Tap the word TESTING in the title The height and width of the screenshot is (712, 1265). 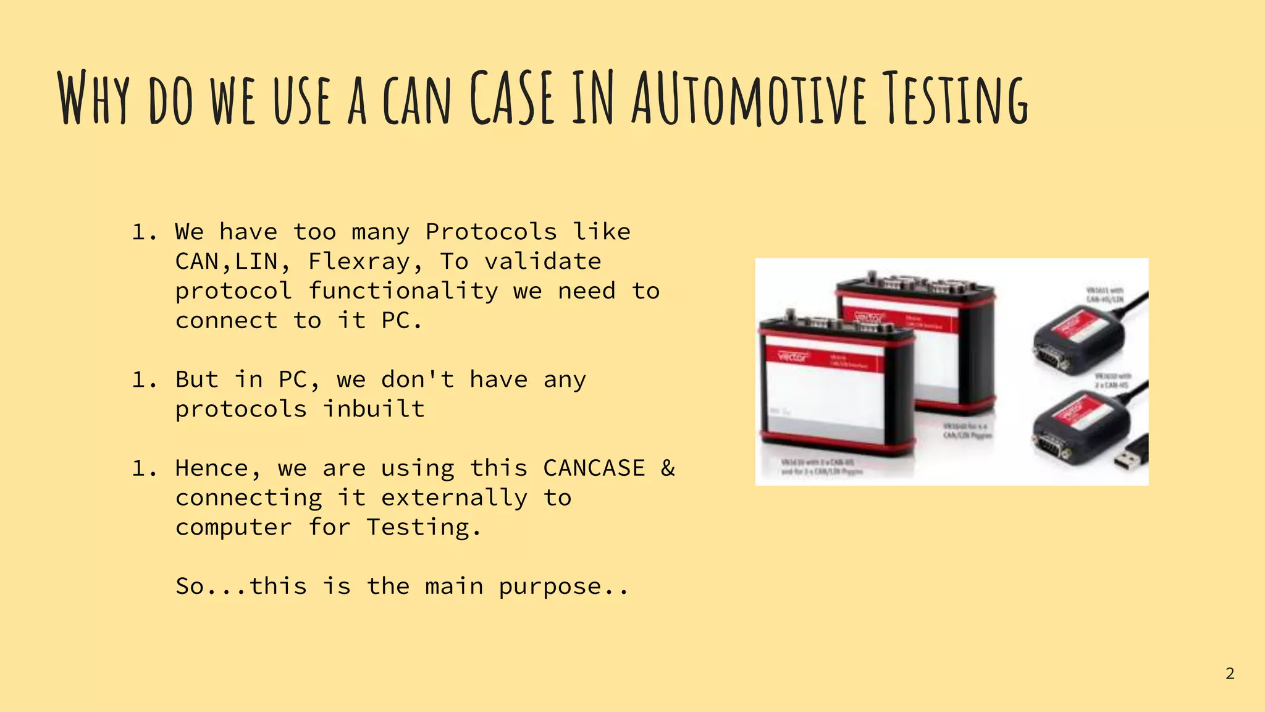coord(954,99)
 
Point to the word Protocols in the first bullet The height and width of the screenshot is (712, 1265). coord(491,232)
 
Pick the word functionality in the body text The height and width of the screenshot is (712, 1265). coord(403,291)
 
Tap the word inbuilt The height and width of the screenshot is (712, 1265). coord(374,409)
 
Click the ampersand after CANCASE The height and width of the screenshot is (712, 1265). coord(668,468)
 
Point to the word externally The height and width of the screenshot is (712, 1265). coord(455,498)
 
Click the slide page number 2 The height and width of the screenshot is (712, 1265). coord(1230,674)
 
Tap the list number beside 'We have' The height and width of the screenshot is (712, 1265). coord(145,232)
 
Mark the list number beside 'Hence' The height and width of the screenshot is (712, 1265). coord(145,468)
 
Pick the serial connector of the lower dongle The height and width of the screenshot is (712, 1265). coord(1053,444)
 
